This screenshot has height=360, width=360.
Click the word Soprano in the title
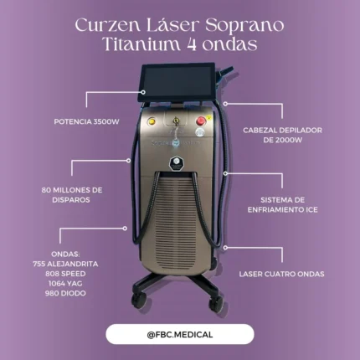(x=244, y=26)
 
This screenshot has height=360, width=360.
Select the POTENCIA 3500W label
(x=87, y=121)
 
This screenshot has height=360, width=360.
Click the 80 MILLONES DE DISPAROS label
(x=72, y=195)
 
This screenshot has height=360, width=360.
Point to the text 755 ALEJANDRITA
(x=65, y=264)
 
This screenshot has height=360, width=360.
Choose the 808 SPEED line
(x=65, y=274)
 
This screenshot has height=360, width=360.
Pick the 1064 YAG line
(x=65, y=283)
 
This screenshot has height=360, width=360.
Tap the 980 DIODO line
(x=65, y=293)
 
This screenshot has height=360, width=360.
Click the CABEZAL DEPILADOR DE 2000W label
(x=282, y=135)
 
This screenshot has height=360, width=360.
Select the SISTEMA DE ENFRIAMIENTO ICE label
(x=282, y=205)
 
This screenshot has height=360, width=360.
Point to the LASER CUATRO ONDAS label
(x=281, y=274)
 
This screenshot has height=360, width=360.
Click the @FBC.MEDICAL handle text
(x=180, y=334)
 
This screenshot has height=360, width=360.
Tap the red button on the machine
(x=201, y=121)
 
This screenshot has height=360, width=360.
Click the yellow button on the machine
(x=152, y=121)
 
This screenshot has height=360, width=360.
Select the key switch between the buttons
(x=176, y=121)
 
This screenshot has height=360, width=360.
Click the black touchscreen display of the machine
(x=177, y=83)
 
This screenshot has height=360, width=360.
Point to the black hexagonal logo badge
(x=177, y=164)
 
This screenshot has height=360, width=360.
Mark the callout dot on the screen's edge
(x=143, y=92)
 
